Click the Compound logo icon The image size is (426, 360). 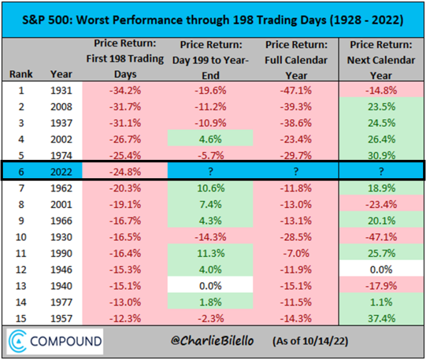[17, 341]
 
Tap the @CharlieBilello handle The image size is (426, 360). [212, 341]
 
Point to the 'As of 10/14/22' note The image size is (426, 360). [310, 341]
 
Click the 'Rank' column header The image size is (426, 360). [21, 74]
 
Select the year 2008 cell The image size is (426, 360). [61, 107]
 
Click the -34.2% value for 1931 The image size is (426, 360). [125, 91]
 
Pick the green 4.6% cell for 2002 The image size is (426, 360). [210, 139]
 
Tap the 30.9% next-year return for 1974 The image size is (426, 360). [381, 156]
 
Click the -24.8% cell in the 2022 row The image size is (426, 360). [125, 172]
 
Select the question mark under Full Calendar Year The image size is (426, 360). [296, 171]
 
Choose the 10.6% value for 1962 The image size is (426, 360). [211, 188]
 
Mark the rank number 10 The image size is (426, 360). [21, 237]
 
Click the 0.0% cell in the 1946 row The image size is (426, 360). [381, 270]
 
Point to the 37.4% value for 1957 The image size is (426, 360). [381, 318]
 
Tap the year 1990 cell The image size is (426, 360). [61, 253]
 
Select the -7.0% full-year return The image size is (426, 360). [296, 253]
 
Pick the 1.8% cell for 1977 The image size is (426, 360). [210, 303]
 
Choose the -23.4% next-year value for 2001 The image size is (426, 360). [381, 205]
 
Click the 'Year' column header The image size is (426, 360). [61, 74]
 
